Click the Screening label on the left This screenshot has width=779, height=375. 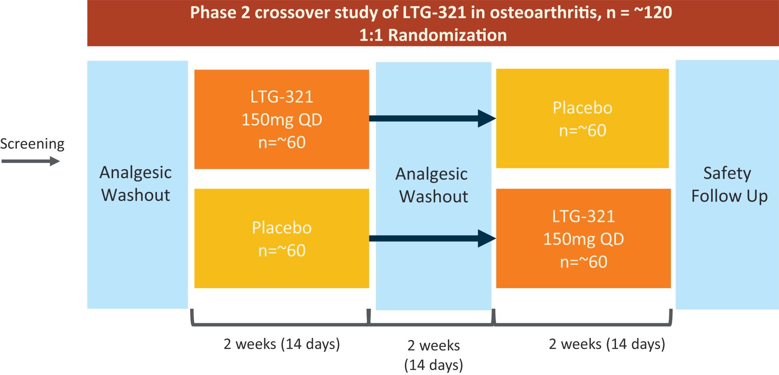click(x=32, y=144)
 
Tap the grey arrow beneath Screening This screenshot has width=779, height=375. click(x=31, y=161)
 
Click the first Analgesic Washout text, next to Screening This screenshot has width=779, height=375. click(x=135, y=184)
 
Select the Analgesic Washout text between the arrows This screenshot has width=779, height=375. click(x=432, y=185)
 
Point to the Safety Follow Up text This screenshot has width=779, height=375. click(x=729, y=184)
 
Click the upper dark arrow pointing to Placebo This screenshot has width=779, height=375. click(x=432, y=119)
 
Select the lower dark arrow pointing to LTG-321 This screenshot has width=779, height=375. click(x=432, y=238)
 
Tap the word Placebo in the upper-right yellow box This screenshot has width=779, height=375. click(x=582, y=108)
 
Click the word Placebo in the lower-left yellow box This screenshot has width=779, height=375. click(x=282, y=228)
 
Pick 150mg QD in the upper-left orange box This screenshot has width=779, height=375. click(x=282, y=119)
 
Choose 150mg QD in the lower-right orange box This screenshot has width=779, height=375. click(x=583, y=239)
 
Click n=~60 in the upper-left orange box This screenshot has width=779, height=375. click(x=282, y=142)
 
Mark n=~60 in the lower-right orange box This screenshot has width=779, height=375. click(x=583, y=262)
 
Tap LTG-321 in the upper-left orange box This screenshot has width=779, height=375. click(x=282, y=97)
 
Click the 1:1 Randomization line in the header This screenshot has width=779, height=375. click(x=433, y=35)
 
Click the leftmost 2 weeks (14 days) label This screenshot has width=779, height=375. click(x=282, y=344)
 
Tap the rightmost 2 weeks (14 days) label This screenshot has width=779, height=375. click(x=607, y=344)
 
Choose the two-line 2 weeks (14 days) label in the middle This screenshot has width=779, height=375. click(x=434, y=355)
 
